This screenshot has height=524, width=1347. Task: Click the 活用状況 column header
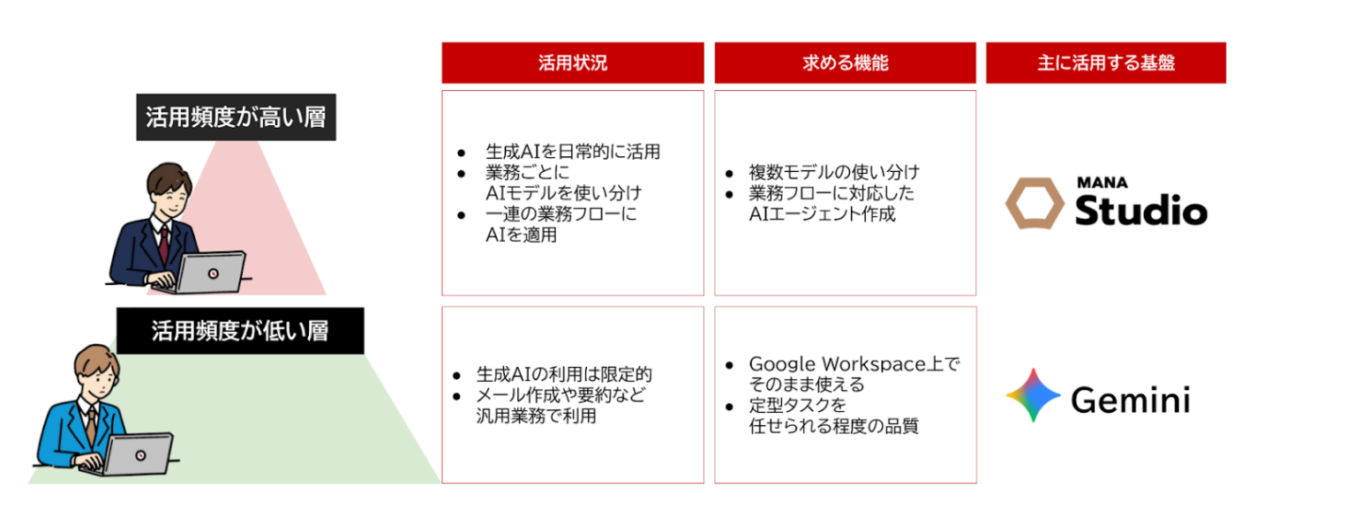point(573,63)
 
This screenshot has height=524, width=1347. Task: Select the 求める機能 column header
point(845,63)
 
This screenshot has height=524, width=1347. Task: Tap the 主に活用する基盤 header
point(1106,63)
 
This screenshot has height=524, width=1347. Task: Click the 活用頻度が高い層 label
point(237,117)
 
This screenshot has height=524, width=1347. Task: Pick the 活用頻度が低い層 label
point(240,331)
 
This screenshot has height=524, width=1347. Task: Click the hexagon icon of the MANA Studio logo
point(1035,203)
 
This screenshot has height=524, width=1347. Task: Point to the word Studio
point(1140,210)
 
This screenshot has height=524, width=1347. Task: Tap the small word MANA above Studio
point(1102,183)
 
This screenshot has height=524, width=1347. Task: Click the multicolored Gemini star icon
point(1033,395)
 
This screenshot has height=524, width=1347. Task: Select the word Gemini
point(1131,400)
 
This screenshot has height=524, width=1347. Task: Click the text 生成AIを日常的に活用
point(573,152)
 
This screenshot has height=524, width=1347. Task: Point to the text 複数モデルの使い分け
point(834,173)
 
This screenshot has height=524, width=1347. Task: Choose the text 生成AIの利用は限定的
point(564,374)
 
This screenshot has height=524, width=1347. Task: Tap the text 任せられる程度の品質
point(833,426)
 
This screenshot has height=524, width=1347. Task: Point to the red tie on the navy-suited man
point(163,244)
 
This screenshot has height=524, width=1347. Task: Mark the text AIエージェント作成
point(822,214)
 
